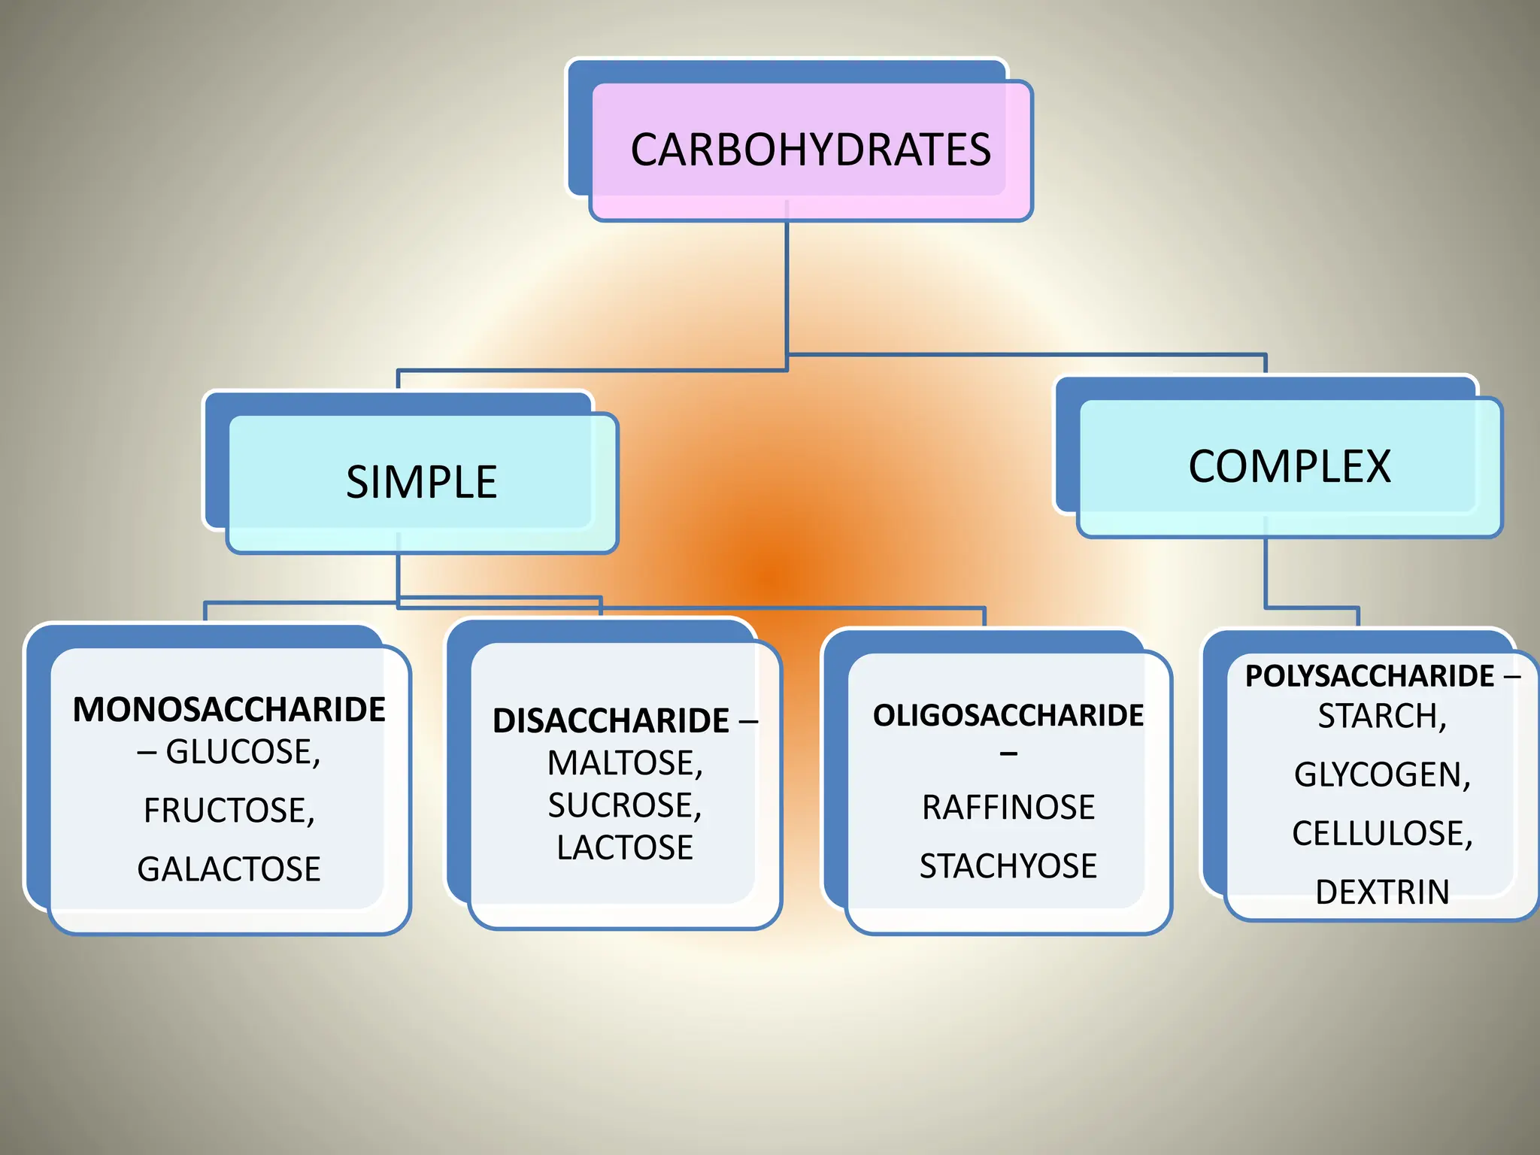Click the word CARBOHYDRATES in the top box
(x=811, y=150)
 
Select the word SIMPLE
(x=421, y=482)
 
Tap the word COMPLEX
(x=1289, y=466)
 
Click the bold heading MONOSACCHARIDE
(x=229, y=710)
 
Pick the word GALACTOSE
(x=229, y=869)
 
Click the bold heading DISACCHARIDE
(x=611, y=721)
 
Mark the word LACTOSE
(x=624, y=847)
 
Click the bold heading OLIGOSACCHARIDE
(x=1008, y=716)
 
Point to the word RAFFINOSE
(x=1008, y=808)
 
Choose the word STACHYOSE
(x=1008, y=866)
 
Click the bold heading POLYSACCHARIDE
(x=1369, y=676)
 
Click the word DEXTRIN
(x=1382, y=892)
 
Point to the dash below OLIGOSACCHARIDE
(x=1008, y=753)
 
